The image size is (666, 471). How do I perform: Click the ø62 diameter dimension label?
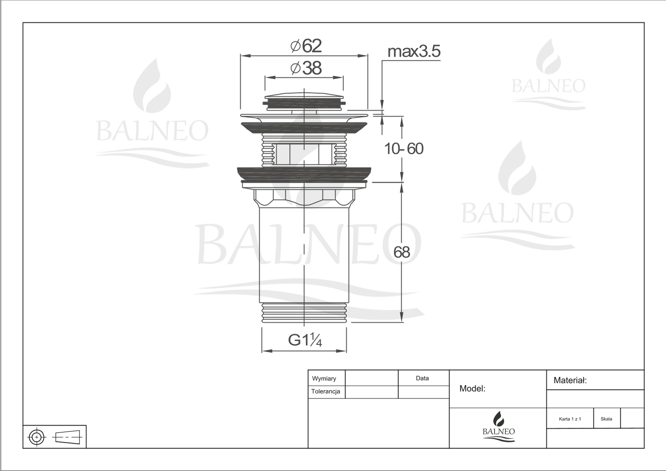306,46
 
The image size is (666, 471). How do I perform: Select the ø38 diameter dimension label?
306,68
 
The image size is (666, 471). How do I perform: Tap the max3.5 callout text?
414,51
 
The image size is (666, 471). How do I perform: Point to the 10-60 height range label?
404,149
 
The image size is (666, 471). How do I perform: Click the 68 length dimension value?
402,252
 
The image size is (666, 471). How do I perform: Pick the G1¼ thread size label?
305,340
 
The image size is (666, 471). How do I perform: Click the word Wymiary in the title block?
324,379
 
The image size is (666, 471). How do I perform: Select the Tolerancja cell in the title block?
326,391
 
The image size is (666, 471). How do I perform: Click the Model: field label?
472,388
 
